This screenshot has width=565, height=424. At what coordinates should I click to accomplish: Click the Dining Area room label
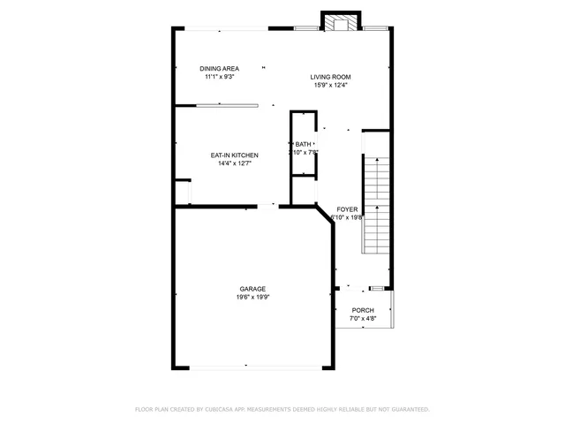tap(219, 69)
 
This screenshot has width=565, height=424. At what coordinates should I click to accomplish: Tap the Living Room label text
tap(330, 77)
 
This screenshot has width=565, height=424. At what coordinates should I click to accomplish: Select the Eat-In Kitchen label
tap(233, 155)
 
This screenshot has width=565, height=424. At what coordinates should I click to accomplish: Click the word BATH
tap(303, 144)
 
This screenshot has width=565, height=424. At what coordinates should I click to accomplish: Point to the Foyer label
tap(347, 209)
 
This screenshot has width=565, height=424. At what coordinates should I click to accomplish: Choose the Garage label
tap(252, 289)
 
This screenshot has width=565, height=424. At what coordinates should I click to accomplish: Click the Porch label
tap(363, 310)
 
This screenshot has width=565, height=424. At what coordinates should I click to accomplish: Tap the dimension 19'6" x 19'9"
tap(252, 298)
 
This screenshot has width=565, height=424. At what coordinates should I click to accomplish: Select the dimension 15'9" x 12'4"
tap(330, 85)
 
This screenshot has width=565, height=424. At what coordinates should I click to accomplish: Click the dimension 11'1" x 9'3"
tap(219, 77)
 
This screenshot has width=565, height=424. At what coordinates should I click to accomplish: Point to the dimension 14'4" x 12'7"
tap(233, 163)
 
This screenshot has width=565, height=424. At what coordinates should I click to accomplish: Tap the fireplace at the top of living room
tap(339, 22)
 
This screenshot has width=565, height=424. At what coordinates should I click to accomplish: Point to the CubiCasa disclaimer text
tap(282, 409)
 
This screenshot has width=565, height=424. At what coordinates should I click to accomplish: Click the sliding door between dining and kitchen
tap(227, 106)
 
